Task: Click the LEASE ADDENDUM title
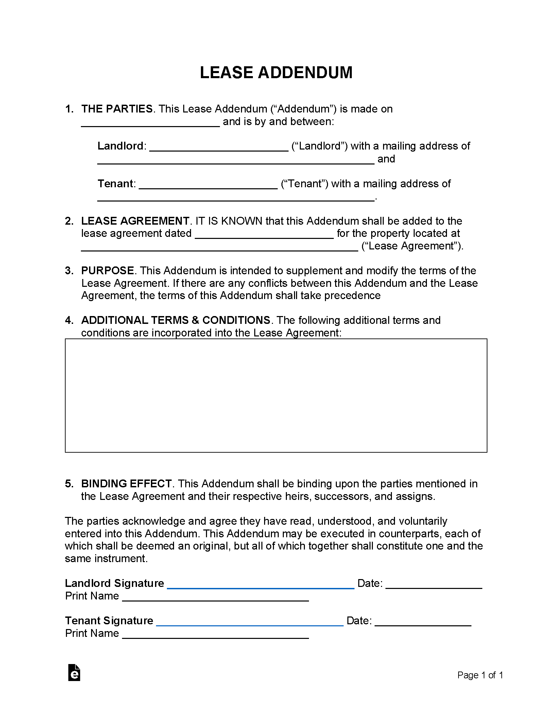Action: coord(276,72)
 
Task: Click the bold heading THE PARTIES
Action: coord(117,109)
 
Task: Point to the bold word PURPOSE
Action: coord(108,271)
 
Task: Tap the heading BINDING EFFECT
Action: coord(126,484)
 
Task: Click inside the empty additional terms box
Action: coord(276,395)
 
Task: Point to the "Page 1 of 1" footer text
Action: coord(480,675)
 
